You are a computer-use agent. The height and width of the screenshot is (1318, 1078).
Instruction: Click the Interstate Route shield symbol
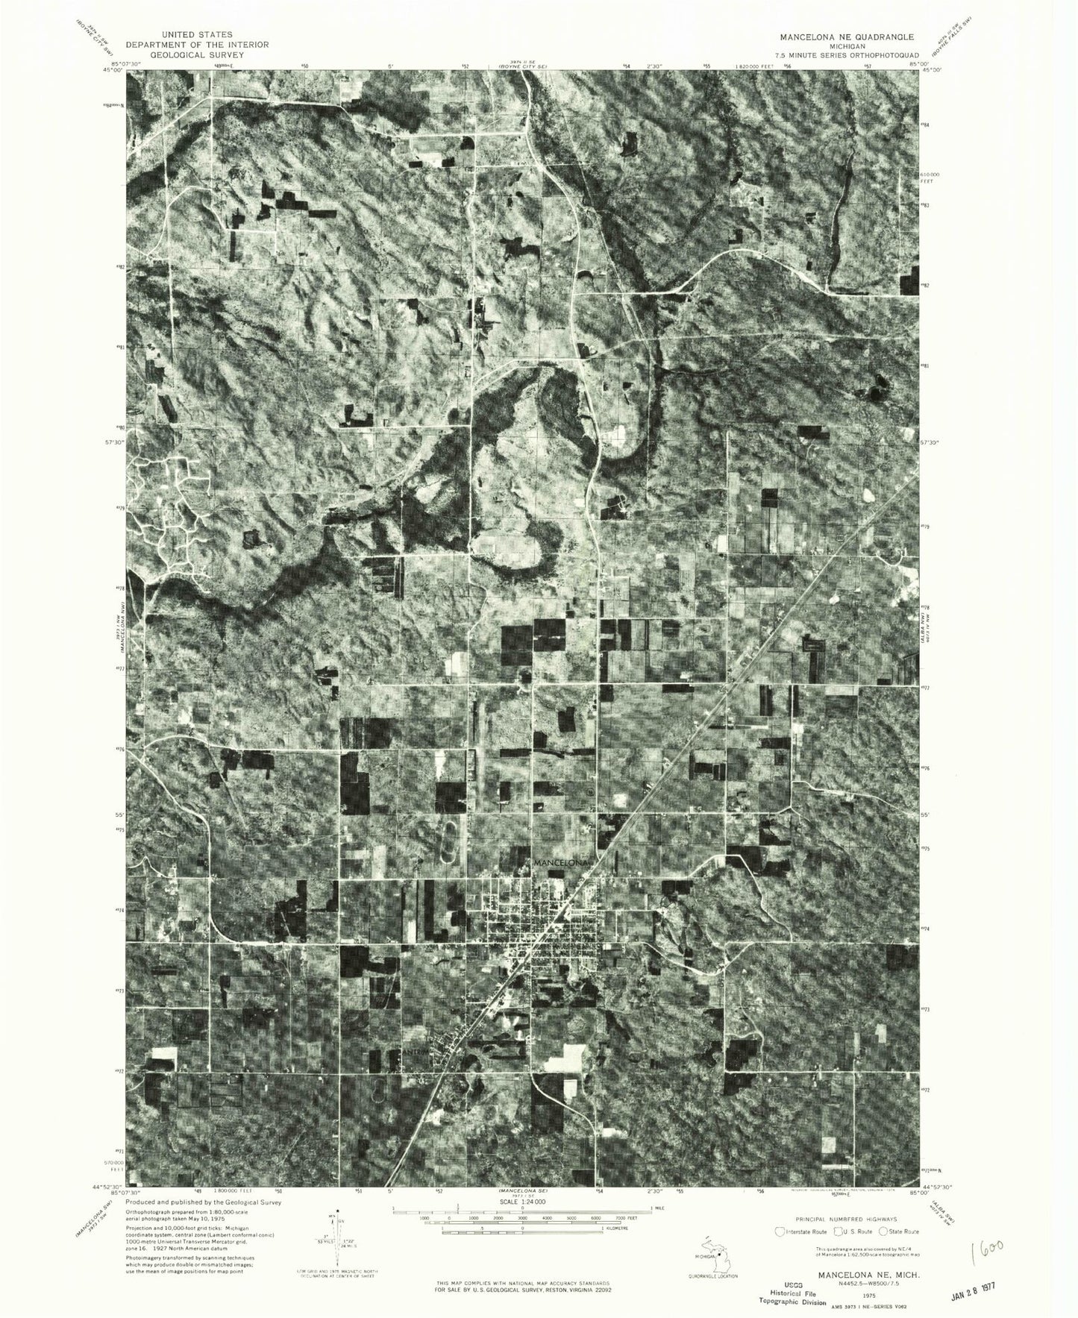click(x=781, y=1231)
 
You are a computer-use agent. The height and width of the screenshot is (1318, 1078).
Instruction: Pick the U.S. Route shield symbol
click(x=839, y=1231)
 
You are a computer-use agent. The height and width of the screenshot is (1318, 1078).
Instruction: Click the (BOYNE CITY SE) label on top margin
click(x=522, y=68)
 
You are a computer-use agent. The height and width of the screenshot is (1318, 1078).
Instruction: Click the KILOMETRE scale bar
click(x=522, y=1232)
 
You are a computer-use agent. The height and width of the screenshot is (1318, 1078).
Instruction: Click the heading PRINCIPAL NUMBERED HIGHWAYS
click(x=847, y=1217)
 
